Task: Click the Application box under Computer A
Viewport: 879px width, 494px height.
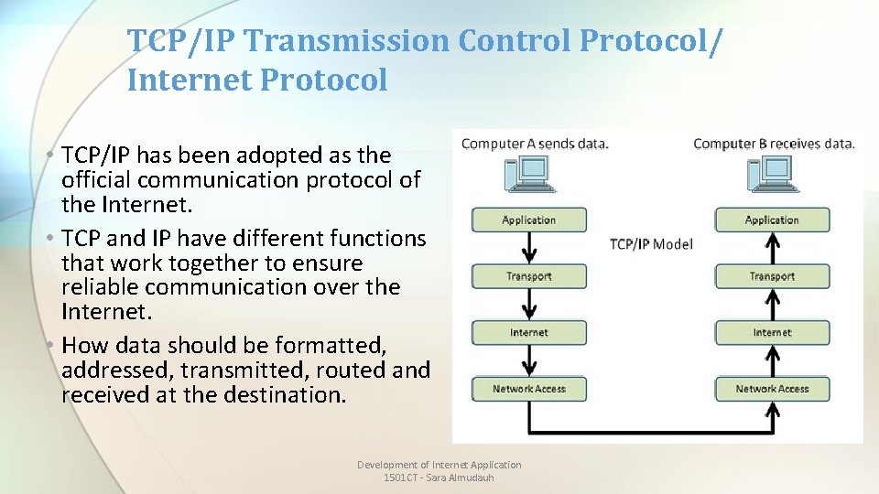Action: pyautogui.click(x=528, y=220)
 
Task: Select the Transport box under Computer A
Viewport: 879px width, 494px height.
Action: pyautogui.click(x=528, y=276)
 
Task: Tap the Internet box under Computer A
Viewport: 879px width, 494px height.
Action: pyautogui.click(x=528, y=332)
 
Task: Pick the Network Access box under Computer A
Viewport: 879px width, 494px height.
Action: pyautogui.click(x=528, y=389)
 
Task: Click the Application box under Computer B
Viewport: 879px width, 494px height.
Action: pyautogui.click(x=772, y=220)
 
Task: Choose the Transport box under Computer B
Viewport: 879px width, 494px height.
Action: pyautogui.click(x=772, y=276)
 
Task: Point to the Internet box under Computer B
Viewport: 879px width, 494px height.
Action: pyautogui.click(x=772, y=332)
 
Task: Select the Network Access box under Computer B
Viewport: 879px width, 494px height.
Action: pyautogui.click(x=772, y=389)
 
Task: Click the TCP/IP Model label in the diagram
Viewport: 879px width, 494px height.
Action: pyautogui.click(x=651, y=243)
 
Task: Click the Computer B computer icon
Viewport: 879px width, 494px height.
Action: pyautogui.click(x=770, y=175)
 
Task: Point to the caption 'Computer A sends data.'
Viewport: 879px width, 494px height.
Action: pyautogui.click(x=535, y=144)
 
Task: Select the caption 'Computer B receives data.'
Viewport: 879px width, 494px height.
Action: pyautogui.click(x=774, y=144)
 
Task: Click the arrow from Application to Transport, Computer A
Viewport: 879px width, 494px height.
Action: pyautogui.click(x=528, y=248)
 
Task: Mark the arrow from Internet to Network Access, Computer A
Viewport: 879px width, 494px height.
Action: pyautogui.click(x=528, y=360)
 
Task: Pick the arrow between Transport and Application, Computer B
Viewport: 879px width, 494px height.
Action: pyautogui.click(x=772, y=248)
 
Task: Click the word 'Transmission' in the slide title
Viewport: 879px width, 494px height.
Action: pyautogui.click(x=349, y=41)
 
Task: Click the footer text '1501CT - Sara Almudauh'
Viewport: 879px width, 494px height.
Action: pyautogui.click(x=439, y=478)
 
